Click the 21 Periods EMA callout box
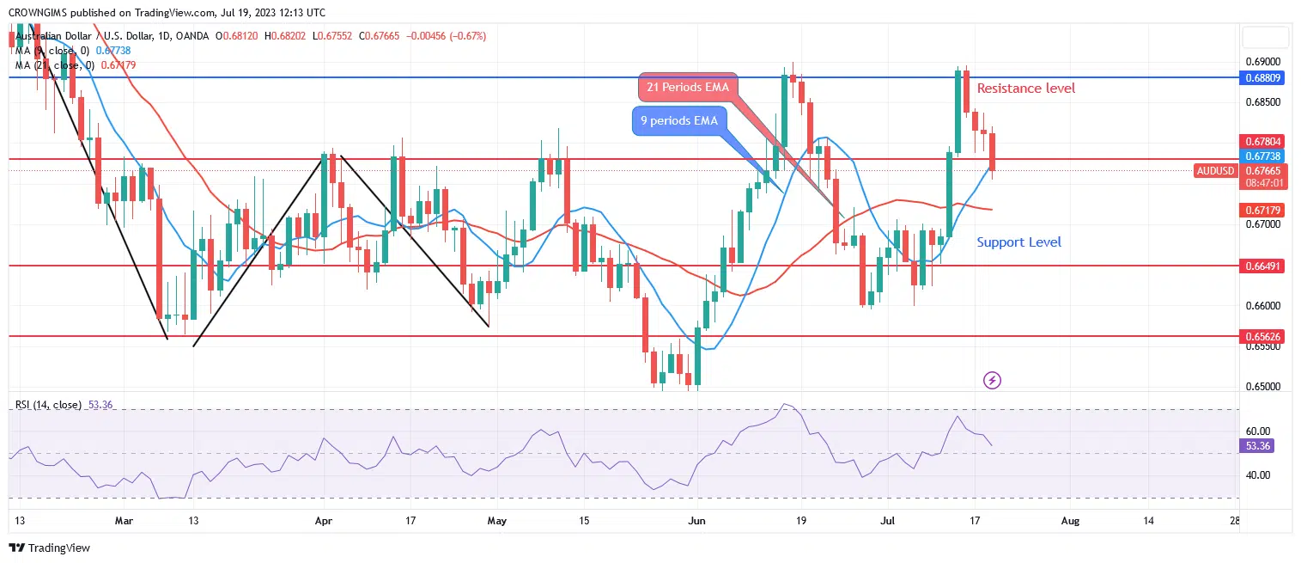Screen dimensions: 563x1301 (688, 87)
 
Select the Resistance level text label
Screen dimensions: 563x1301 (1025, 89)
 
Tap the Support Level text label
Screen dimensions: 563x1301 (1018, 242)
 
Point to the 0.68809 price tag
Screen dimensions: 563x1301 (1262, 77)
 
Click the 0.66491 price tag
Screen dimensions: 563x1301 (1262, 266)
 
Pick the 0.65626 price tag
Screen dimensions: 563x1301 (1262, 337)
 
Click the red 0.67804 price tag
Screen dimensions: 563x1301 (1262, 141)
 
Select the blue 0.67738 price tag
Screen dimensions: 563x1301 (1262, 156)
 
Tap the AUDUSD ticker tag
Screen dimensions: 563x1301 (1215, 171)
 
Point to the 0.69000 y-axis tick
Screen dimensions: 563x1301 (1262, 62)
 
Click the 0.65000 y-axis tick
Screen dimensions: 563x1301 (1262, 387)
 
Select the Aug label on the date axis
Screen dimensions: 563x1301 (1069, 520)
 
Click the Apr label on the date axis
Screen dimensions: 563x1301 (323, 520)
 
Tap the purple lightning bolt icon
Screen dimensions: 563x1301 (992, 380)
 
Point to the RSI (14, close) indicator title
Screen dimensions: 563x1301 (48, 404)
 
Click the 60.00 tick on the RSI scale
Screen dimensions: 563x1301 (1257, 431)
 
